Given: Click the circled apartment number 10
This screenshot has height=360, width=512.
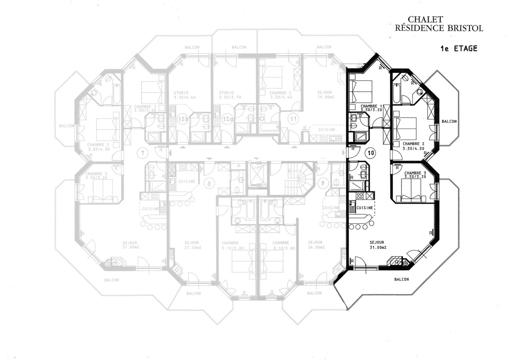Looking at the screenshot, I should tap(370, 152).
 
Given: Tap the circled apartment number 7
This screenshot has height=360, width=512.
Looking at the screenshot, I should tap(142, 152).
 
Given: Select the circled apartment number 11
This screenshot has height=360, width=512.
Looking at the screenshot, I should tap(293, 119).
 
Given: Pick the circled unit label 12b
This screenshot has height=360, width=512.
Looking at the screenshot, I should tap(183, 119).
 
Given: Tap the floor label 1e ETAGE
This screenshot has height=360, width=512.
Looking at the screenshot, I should tap(459, 48).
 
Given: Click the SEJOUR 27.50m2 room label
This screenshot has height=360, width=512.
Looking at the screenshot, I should tap(192, 245).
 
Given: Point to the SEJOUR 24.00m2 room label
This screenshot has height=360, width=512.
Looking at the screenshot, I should tap(316, 244).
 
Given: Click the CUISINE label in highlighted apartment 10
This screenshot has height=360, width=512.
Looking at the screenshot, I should tap(365, 208).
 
